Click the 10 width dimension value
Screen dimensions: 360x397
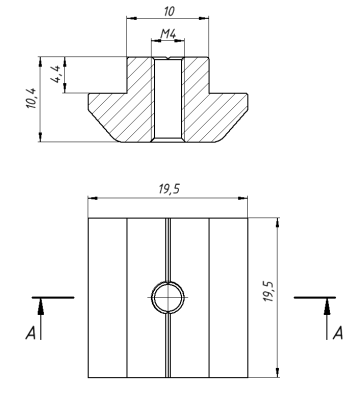(x=169, y=12)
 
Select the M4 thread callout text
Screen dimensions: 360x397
(x=168, y=34)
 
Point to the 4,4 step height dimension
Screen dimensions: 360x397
(x=56, y=74)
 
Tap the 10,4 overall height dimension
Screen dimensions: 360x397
(x=32, y=98)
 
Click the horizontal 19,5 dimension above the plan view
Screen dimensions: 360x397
(x=169, y=189)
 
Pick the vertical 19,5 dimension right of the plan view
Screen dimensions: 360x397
(x=268, y=291)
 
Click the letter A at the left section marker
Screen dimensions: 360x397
(x=31, y=333)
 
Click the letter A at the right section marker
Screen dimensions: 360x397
(x=338, y=333)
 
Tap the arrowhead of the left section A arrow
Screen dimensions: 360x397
(x=41, y=307)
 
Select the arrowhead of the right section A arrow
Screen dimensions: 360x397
(x=327, y=307)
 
